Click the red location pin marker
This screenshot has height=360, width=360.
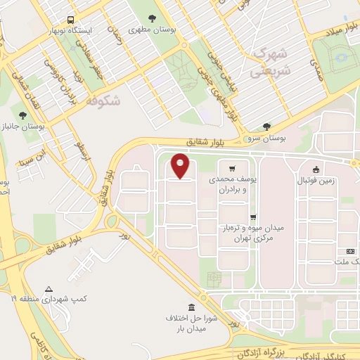click(x=181, y=165)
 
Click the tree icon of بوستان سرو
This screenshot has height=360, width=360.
click(x=266, y=127)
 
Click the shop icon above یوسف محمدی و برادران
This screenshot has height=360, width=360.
click(x=231, y=169)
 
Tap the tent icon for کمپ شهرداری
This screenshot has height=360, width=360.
click(x=49, y=289)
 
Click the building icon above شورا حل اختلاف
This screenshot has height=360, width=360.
click(x=192, y=307)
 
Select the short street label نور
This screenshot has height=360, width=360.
click(x=124, y=234)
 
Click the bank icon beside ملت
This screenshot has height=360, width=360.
click(x=349, y=251)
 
